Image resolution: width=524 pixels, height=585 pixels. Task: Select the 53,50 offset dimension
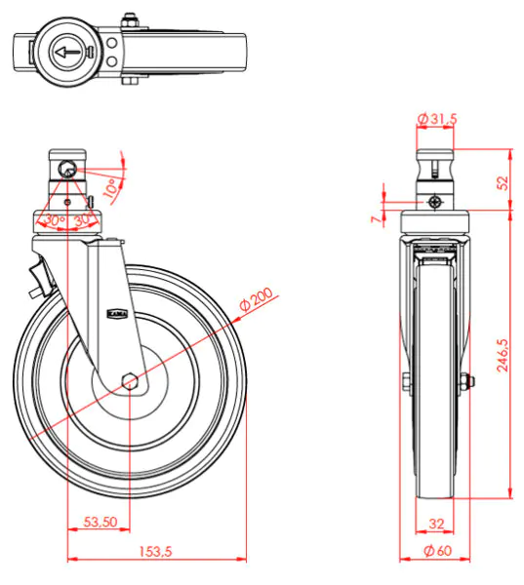click(x=101, y=523)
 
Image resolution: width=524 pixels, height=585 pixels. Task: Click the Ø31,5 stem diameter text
click(x=436, y=119)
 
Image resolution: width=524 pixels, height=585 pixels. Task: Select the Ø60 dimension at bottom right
click(x=436, y=552)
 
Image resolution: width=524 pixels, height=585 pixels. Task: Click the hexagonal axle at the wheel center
click(x=130, y=380)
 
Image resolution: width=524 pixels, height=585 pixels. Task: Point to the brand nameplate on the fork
click(x=114, y=313)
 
